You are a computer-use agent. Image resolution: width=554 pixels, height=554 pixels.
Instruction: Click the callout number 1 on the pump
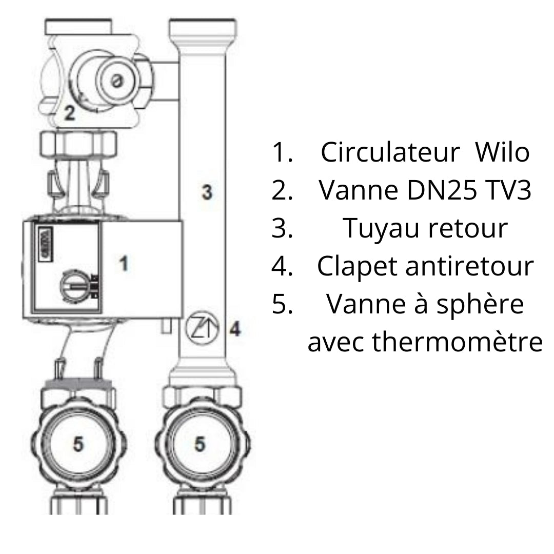click(x=123, y=263)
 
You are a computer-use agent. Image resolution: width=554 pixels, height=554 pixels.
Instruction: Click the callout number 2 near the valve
click(x=70, y=113)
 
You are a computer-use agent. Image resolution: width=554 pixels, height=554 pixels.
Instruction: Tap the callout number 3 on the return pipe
click(x=207, y=192)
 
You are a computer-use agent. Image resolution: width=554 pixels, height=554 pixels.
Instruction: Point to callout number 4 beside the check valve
click(x=235, y=329)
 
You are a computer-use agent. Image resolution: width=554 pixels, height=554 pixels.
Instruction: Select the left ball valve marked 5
click(x=78, y=444)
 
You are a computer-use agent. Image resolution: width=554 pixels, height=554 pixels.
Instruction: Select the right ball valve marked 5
click(x=201, y=444)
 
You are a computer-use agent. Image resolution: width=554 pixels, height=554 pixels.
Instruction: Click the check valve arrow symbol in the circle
click(x=202, y=328)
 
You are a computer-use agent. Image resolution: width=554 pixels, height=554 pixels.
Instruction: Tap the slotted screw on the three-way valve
click(x=116, y=82)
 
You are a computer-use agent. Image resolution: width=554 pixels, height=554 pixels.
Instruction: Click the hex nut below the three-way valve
click(x=78, y=144)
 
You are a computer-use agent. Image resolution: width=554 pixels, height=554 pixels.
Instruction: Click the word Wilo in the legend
click(x=502, y=153)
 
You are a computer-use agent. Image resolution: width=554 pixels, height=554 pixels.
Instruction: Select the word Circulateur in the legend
click(x=390, y=153)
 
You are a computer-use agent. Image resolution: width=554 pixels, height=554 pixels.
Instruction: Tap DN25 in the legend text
click(x=442, y=190)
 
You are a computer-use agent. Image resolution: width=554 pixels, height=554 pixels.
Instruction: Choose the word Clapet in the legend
click(x=357, y=266)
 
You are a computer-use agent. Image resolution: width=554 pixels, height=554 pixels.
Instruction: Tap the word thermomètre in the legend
click(x=458, y=342)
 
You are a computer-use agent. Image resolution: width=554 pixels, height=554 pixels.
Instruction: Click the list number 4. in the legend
click(x=282, y=266)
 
